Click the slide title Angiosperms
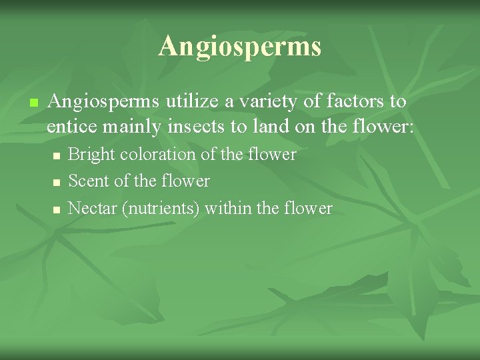[240, 47]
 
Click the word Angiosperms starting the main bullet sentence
[103, 101]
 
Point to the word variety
[270, 101]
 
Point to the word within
[229, 209]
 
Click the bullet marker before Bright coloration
[57, 155]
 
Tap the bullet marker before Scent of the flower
[57, 182]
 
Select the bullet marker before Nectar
[57, 209]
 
